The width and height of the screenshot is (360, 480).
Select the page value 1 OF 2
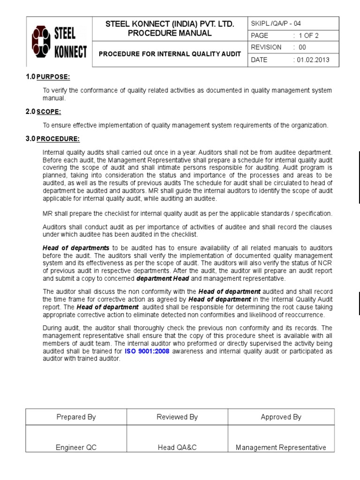pos(307,35)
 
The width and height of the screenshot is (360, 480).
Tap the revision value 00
pos(300,47)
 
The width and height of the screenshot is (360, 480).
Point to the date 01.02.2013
pos(311,60)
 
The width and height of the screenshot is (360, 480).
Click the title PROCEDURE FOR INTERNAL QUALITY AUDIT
pos(170,54)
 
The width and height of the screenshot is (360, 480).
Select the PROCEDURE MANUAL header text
pos(170,33)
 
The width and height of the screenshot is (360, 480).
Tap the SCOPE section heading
pos(49,112)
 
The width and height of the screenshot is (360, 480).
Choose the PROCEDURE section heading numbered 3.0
pos(58,139)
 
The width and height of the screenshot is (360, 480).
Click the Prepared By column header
pos(76,417)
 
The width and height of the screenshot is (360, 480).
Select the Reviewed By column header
pos(177,417)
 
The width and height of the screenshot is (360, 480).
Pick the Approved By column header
pos(281,417)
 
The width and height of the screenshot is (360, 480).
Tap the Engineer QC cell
pos(76,447)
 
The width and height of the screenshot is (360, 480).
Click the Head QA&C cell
pos(177,447)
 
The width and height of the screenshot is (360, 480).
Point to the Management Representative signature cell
pos(281,447)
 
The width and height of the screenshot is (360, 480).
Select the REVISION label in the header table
pos(266,47)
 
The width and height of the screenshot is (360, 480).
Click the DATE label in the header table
pos(259,60)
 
